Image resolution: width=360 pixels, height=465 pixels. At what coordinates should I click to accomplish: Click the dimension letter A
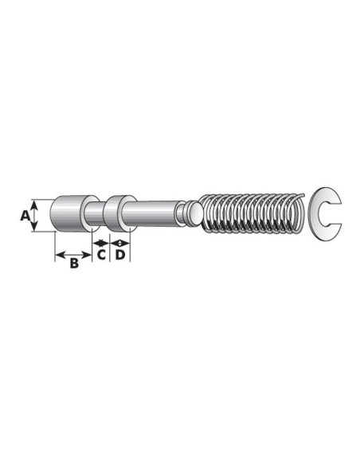click(25, 215)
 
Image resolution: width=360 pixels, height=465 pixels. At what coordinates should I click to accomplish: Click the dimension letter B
click(73, 262)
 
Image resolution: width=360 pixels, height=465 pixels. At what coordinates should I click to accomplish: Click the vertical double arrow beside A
click(34, 215)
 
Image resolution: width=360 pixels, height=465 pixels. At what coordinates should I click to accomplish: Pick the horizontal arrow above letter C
click(100, 242)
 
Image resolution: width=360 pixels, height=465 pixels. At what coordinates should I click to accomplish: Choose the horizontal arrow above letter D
click(119, 242)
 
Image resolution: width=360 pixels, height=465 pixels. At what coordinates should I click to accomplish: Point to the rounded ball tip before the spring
click(192, 213)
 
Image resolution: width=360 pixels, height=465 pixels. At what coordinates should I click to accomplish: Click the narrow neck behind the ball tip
click(182, 213)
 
